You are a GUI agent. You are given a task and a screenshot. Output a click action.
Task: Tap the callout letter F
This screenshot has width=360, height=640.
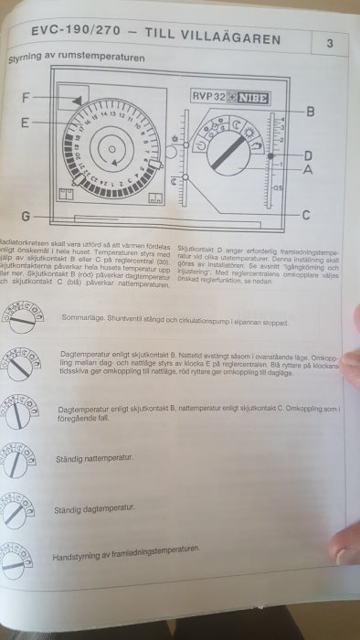coord(26,97)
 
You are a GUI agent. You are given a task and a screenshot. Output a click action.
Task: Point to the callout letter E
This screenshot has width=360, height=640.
coord(26,122)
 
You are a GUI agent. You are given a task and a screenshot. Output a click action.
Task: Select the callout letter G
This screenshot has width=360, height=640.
coord(26,216)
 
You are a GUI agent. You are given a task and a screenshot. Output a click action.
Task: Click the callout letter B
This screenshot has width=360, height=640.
coord(310,112)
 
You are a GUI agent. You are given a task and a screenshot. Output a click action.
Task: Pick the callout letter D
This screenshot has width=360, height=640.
coord(308,155)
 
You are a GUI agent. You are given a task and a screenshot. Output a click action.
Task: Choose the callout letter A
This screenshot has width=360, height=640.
coord(308,168)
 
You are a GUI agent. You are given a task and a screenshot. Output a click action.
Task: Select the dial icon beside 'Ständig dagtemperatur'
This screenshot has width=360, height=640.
coord(20,506)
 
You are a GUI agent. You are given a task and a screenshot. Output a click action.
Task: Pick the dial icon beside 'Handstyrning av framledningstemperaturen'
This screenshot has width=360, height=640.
coord(20,555)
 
